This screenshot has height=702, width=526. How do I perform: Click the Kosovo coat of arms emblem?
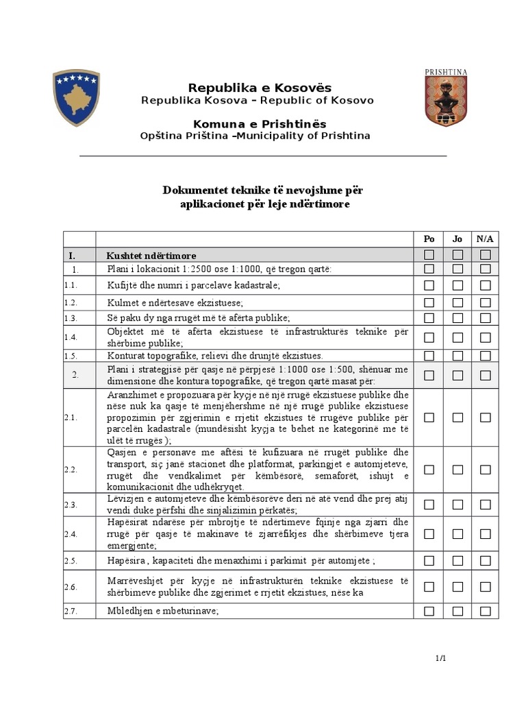pos(77,97)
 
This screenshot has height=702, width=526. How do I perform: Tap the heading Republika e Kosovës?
pos(260,88)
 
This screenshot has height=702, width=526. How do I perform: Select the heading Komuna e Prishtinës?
pos(260,124)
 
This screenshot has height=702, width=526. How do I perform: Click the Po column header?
pos(429,239)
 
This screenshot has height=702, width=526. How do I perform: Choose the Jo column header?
pos(458,239)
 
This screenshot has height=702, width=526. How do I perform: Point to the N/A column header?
pos(485,239)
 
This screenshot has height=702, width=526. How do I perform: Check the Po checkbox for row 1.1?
pos(429,285)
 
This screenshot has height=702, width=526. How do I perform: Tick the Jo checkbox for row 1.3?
pos(458,317)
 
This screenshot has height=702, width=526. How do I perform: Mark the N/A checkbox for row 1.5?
pos(486,355)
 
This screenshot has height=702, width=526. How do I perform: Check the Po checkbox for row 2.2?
pos(429,470)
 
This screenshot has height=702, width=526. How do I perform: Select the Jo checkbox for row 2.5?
pos(458,561)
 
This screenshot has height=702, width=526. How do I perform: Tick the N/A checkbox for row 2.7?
pos(486,610)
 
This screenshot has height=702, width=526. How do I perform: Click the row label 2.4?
pos(71,534)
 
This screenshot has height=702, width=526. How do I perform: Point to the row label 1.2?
pos(71,302)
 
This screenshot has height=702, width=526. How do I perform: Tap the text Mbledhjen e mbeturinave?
pos(163,610)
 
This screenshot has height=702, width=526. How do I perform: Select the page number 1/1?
pos(440,659)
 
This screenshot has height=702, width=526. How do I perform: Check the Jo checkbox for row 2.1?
pos(458,417)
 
